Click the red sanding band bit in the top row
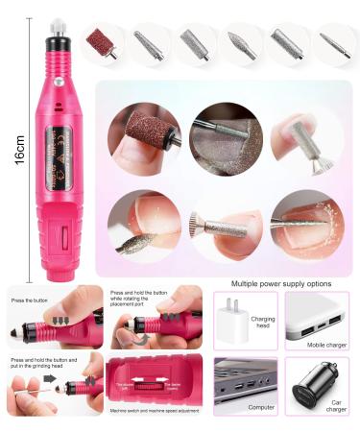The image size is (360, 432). point(101,41)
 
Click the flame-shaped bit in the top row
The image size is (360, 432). point(241,44)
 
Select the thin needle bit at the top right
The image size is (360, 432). point(335,43)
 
